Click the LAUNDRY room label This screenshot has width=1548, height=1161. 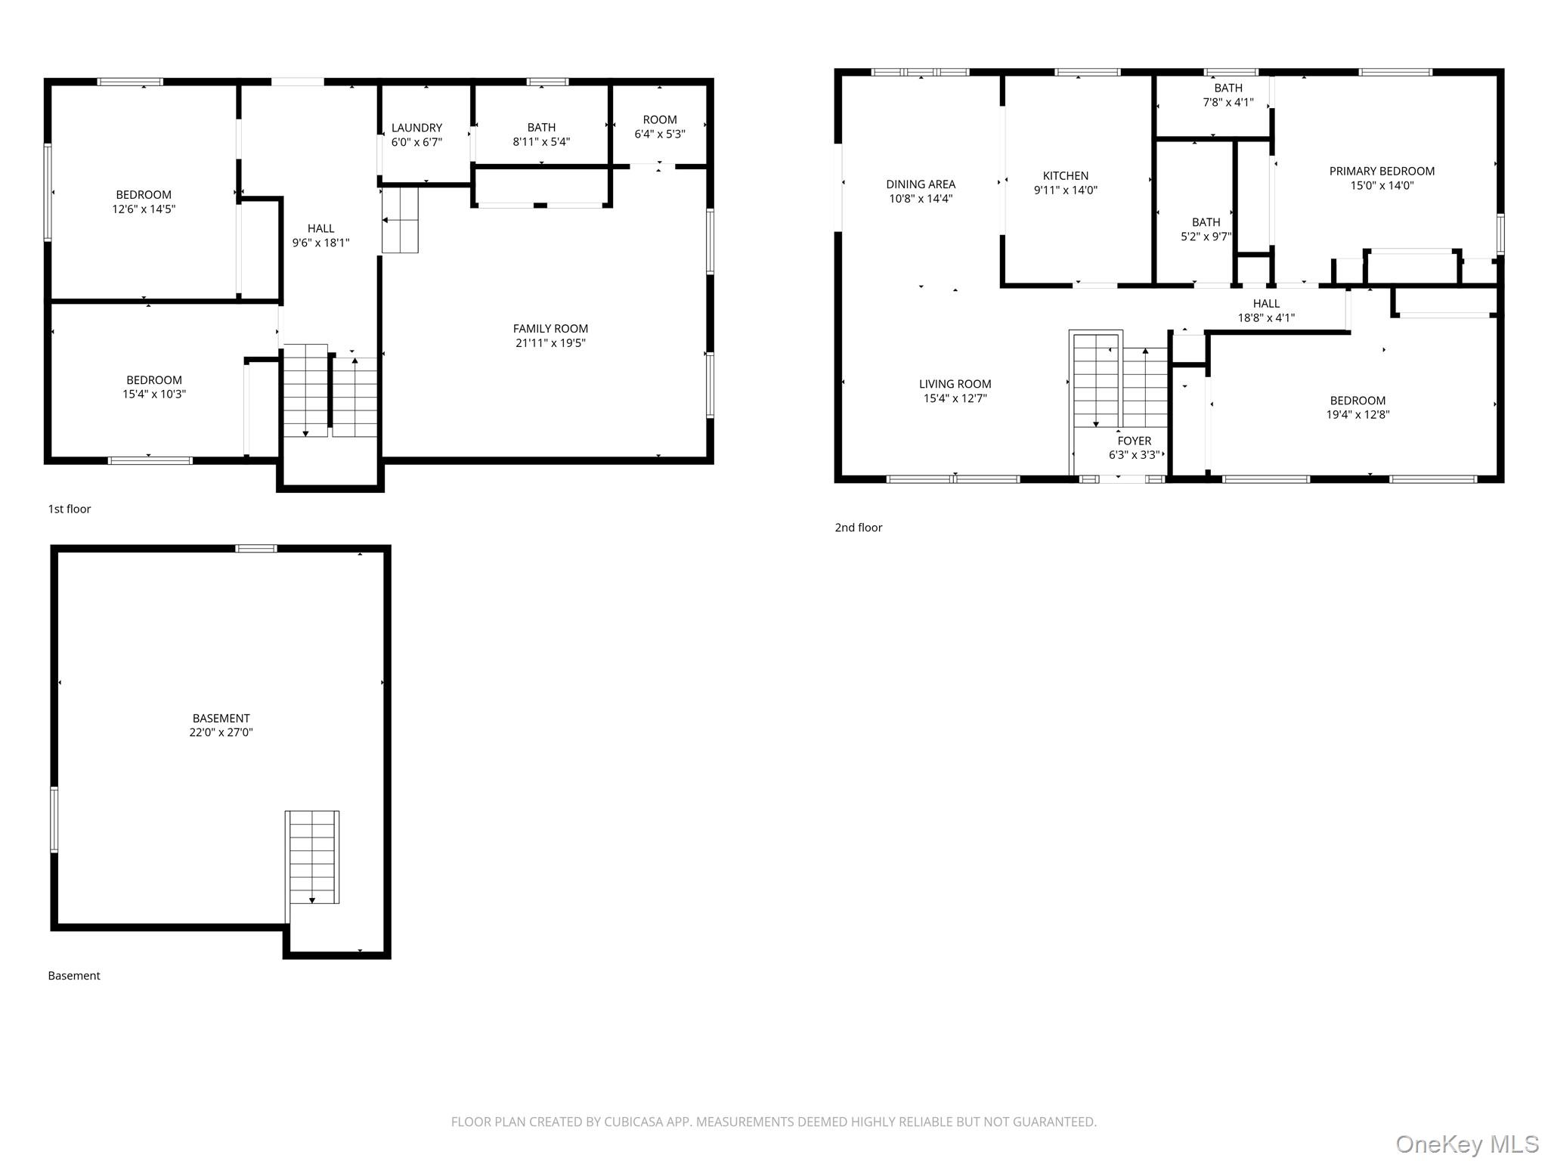pyautogui.click(x=416, y=128)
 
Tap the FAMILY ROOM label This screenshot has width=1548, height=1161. pyautogui.click(x=550, y=328)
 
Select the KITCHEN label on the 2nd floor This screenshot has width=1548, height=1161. pyautogui.click(x=1066, y=175)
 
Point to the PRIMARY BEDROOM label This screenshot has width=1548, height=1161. pyautogui.click(x=1382, y=171)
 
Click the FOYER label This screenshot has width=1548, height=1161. pyautogui.click(x=1135, y=441)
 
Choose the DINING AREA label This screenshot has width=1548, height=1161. pyautogui.click(x=921, y=184)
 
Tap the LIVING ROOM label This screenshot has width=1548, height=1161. pyautogui.click(x=955, y=384)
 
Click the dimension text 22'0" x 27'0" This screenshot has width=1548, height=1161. pyautogui.click(x=221, y=732)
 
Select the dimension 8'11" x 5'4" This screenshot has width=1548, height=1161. pyautogui.click(x=541, y=141)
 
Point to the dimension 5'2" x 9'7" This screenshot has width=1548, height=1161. pyautogui.click(x=1206, y=237)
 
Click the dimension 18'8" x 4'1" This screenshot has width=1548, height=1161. pyautogui.click(x=1266, y=318)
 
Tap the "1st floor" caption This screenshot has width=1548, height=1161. pyautogui.click(x=70, y=509)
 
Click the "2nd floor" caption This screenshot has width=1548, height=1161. pyautogui.click(x=859, y=528)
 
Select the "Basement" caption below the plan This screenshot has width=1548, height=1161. pyautogui.click(x=74, y=976)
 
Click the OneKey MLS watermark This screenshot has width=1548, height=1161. pyautogui.click(x=1467, y=1144)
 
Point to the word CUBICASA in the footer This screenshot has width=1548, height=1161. pyautogui.click(x=633, y=1122)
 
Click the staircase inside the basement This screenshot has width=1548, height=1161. pyautogui.click(x=312, y=857)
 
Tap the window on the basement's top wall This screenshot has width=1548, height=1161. pyautogui.click(x=256, y=548)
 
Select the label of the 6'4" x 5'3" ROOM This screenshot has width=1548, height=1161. pyautogui.click(x=660, y=119)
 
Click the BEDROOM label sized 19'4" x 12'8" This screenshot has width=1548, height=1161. pyautogui.click(x=1358, y=401)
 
